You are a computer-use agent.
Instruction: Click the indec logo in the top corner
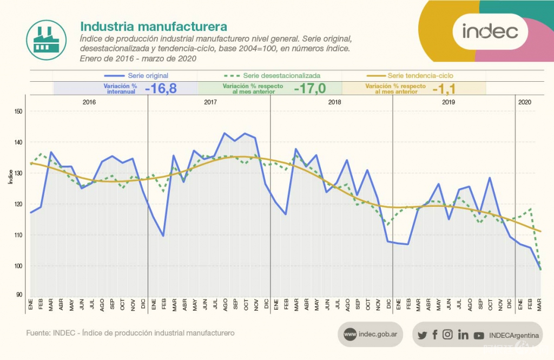[x=490, y=31]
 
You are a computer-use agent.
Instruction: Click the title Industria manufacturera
[x=154, y=27]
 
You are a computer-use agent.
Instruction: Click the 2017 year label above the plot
[x=211, y=102]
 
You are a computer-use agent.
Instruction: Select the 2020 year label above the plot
[x=524, y=102]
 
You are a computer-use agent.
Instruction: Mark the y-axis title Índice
[x=10, y=176]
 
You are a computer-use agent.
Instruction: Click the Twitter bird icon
[x=422, y=335]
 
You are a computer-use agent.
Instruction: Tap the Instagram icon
[x=447, y=335]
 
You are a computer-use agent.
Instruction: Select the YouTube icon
[x=479, y=336]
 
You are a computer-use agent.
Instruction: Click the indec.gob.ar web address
[x=378, y=335]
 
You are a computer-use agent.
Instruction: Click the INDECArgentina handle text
[x=514, y=335]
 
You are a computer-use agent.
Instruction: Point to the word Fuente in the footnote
[x=38, y=333]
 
